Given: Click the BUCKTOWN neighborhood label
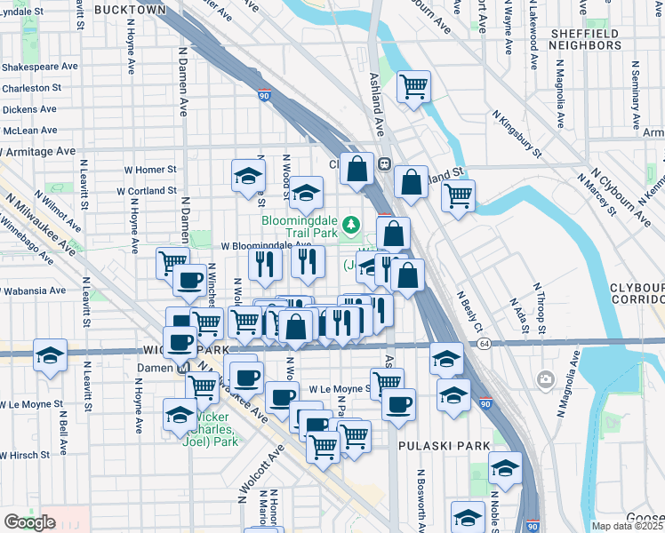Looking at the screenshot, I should pos(130,9).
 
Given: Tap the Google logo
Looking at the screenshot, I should pos(29,522).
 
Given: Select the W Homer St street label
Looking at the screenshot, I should pos(150,169).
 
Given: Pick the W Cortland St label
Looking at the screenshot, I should pos(148,190).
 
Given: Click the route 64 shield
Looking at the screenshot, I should pos(484,343).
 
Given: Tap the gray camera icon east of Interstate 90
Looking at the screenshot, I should pos(545,380).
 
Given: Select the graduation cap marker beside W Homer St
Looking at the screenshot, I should pos(249,176).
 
